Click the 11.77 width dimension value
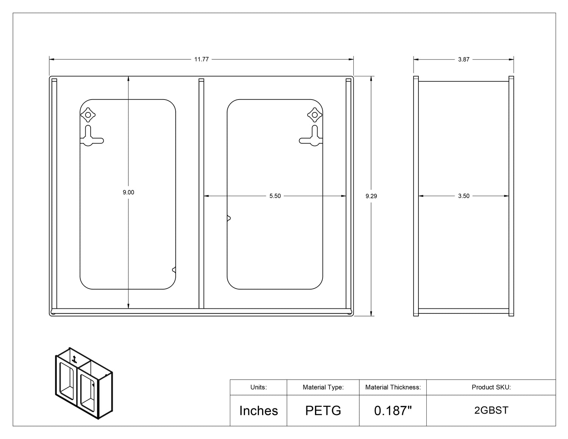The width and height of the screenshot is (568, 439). click(x=201, y=59)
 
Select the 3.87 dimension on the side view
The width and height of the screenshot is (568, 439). click(x=464, y=59)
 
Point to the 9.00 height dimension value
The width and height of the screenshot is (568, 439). click(x=128, y=192)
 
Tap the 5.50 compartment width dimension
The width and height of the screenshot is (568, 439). click(x=275, y=196)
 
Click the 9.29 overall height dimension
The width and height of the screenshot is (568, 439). click(x=371, y=196)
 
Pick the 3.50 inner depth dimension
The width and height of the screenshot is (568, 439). click(x=464, y=196)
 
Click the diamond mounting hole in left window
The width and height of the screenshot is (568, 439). click(x=88, y=115)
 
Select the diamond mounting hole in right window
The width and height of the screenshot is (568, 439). click(x=315, y=115)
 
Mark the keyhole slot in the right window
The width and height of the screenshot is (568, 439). click(x=313, y=137)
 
